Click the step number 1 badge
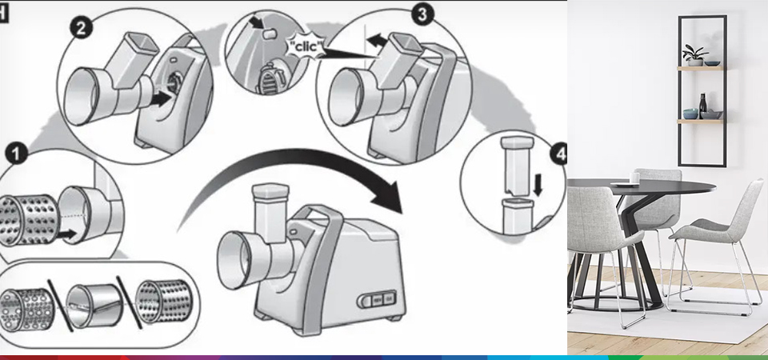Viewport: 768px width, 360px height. [x=16, y=154]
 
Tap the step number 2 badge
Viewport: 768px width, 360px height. [x=81, y=28]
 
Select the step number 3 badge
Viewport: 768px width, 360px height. [x=422, y=14]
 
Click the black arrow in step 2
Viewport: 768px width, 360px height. [x=161, y=99]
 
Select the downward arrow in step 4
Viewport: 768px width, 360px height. [x=538, y=186]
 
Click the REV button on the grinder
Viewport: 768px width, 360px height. [x=378, y=299]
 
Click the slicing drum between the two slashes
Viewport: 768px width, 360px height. [x=94, y=305]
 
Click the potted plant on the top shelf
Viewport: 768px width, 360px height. [x=695, y=55]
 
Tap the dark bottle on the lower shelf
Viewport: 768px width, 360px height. [x=703, y=106]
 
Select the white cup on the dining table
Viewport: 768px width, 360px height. [x=634, y=178]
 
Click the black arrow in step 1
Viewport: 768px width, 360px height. [x=66, y=234]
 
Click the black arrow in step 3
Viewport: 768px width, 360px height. [x=377, y=40]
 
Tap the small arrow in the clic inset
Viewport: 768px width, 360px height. [x=256, y=22]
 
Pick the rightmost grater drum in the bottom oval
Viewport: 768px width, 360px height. [x=164, y=302]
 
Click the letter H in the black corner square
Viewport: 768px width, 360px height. [x=2, y=14]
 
